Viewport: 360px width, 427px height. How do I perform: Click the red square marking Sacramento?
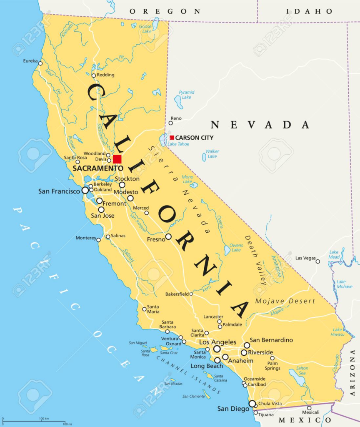[117, 159]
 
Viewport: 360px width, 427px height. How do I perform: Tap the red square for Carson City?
[172, 138]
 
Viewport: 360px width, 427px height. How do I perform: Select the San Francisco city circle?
[85, 190]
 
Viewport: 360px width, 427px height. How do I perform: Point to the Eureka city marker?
[40, 63]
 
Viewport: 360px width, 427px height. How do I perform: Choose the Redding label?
[105, 75]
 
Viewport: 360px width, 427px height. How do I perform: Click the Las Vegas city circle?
[317, 261]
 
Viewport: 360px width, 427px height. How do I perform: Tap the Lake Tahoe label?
[178, 144]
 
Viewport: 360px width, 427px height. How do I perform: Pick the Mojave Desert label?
[285, 301]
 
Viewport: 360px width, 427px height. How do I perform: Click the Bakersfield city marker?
[191, 294]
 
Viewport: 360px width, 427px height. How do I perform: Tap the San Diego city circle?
[252, 404]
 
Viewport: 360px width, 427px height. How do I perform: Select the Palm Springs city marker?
[272, 358]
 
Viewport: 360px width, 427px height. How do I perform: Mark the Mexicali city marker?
[309, 408]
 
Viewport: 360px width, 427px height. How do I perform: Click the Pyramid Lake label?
[186, 95]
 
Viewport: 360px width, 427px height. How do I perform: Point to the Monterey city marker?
[99, 240]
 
